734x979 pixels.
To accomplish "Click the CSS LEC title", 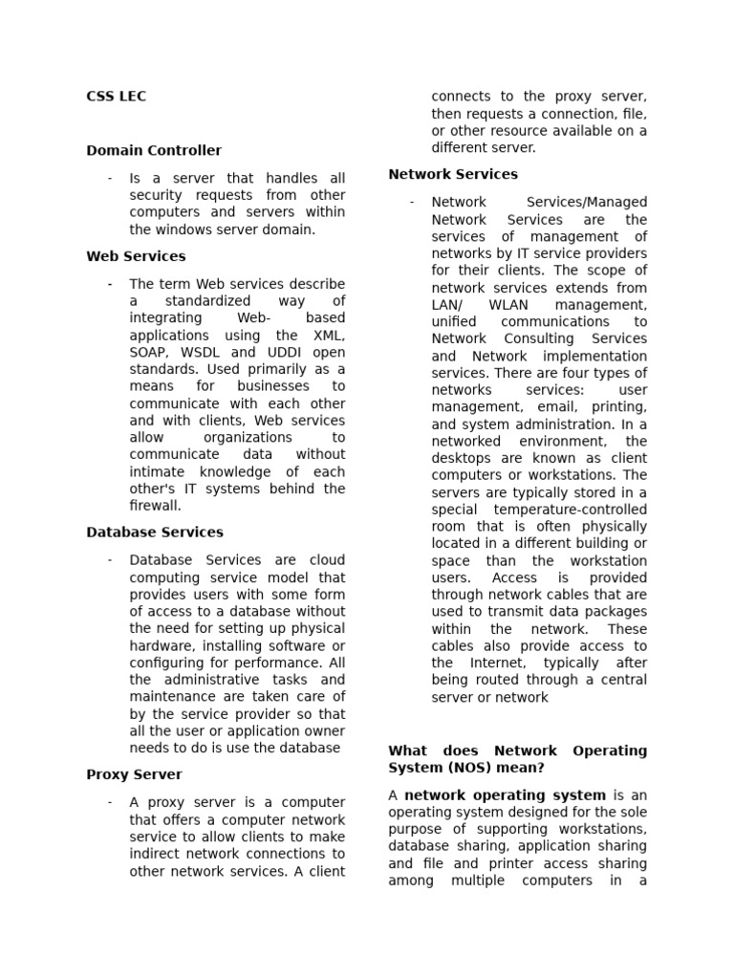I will (x=116, y=97).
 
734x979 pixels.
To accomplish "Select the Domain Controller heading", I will (x=153, y=150).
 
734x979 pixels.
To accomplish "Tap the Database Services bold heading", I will (x=154, y=533).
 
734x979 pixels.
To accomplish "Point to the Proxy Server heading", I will (x=134, y=774).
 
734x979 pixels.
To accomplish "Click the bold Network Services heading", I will (x=453, y=174).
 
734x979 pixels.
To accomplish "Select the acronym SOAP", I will (x=148, y=353).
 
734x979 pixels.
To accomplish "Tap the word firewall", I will (x=155, y=506).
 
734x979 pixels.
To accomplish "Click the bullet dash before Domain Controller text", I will (x=111, y=179).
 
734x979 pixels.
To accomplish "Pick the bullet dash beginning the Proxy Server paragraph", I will (x=111, y=802).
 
